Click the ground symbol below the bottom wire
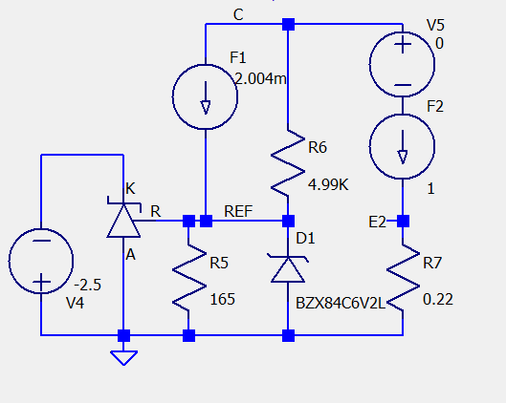[124, 357]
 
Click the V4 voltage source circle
[9, 261]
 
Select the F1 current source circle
[173, 96]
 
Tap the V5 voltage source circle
[370, 64]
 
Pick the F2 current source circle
[370, 146]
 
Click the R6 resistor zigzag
[288, 162]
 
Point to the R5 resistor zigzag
[188, 278]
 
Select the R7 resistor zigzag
[403, 278]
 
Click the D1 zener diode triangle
[288, 269]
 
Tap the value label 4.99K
[328, 185]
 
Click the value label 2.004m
[260, 78]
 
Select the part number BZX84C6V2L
[341, 303]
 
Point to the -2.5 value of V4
[87, 286]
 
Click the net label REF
[238, 211]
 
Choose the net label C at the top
[238, 15]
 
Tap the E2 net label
[377, 222]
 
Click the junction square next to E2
[403, 221]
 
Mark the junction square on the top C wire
[288, 24]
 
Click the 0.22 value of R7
[438, 299]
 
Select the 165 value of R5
[222, 300]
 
